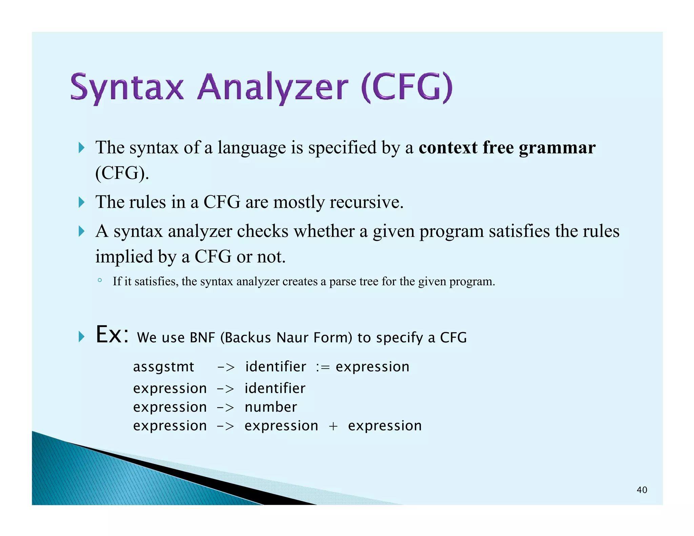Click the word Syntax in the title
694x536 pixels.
pos(127,87)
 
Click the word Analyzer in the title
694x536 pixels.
pos(273,87)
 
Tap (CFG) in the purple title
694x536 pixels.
pos(407,87)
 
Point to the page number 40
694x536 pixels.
pos(642,490)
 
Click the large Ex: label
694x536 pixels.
pos(112,335)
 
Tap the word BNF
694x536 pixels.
pos(202,338)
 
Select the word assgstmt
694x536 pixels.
pos(163,367)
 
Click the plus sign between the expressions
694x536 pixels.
pos(333,426)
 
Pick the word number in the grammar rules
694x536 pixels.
pos(271,407)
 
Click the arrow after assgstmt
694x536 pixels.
pos(226,367)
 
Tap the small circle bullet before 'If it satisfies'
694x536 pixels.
pos(100,280)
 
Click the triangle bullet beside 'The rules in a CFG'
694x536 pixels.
pos(81,202)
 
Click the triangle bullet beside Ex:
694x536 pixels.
pos(81,336)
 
